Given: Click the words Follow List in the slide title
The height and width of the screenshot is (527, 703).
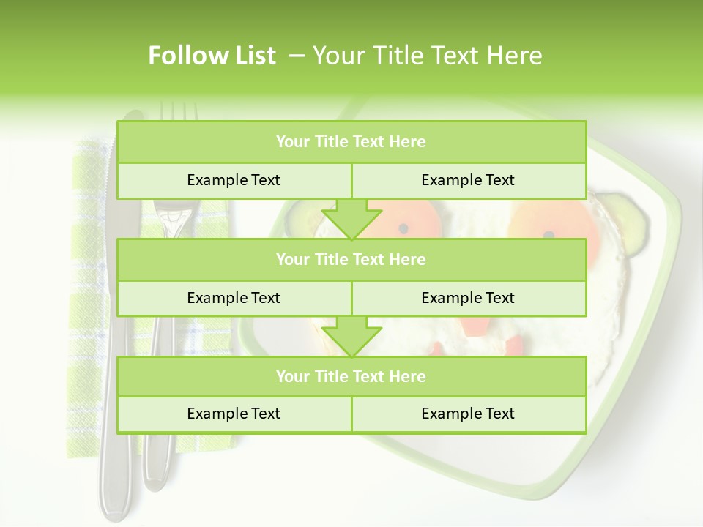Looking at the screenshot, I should pos(212,56).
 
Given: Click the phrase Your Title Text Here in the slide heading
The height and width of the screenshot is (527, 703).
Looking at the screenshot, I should pos(427,56).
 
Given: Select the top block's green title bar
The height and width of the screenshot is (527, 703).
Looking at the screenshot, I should pos(351,142).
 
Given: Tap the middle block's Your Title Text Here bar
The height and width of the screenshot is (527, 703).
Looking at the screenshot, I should pos(351,259).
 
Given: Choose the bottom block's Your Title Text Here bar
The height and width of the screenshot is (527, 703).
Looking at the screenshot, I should pos(351,376).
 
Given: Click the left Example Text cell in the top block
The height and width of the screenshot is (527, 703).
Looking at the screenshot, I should pos(234,180).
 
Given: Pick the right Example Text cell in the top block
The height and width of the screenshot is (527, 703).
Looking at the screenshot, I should pos(468,180).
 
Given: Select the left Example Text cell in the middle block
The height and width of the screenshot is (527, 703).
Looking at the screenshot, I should pos(234,298).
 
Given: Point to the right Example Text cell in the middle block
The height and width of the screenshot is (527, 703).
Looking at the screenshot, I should pos(468,298).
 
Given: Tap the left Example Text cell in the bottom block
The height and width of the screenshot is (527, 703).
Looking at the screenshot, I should pos(234,414).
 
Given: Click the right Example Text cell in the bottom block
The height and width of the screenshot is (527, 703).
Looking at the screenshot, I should pos(468,414).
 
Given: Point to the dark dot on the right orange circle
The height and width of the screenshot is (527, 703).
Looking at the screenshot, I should pos(548,235).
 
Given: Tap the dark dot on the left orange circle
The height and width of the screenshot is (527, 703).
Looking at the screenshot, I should pos(403,228).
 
